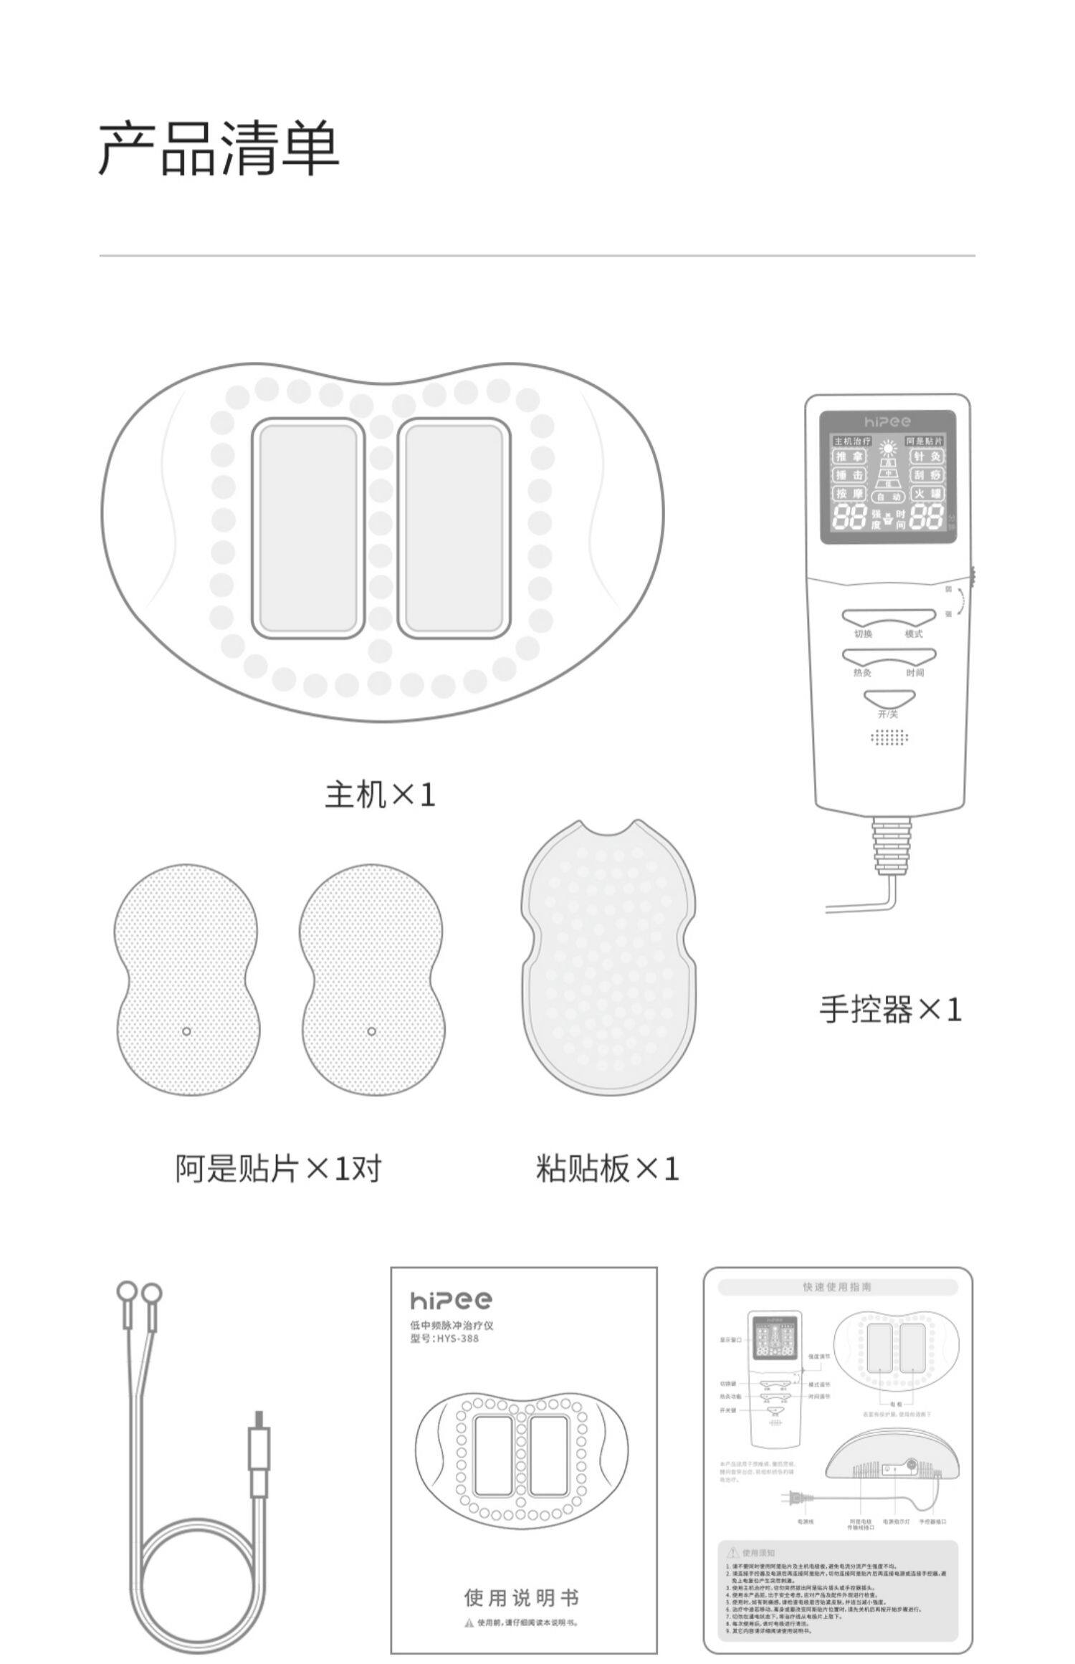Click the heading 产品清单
tap(218, 149)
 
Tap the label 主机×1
tap(380, 795)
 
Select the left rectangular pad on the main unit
tap(307, 528)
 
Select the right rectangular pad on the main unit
tap(454, 528)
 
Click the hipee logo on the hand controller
tap(887, 422)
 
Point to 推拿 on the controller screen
tap(850, 456)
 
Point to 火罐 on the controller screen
tap(927, 494)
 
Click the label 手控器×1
tap(890, 1010)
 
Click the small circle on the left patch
tap(186, 1031)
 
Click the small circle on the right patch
tap(371, 1031)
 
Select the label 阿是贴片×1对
tap(278, 1169)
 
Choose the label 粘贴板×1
tap(607, 1169)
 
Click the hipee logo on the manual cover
tap(451, 1300)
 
